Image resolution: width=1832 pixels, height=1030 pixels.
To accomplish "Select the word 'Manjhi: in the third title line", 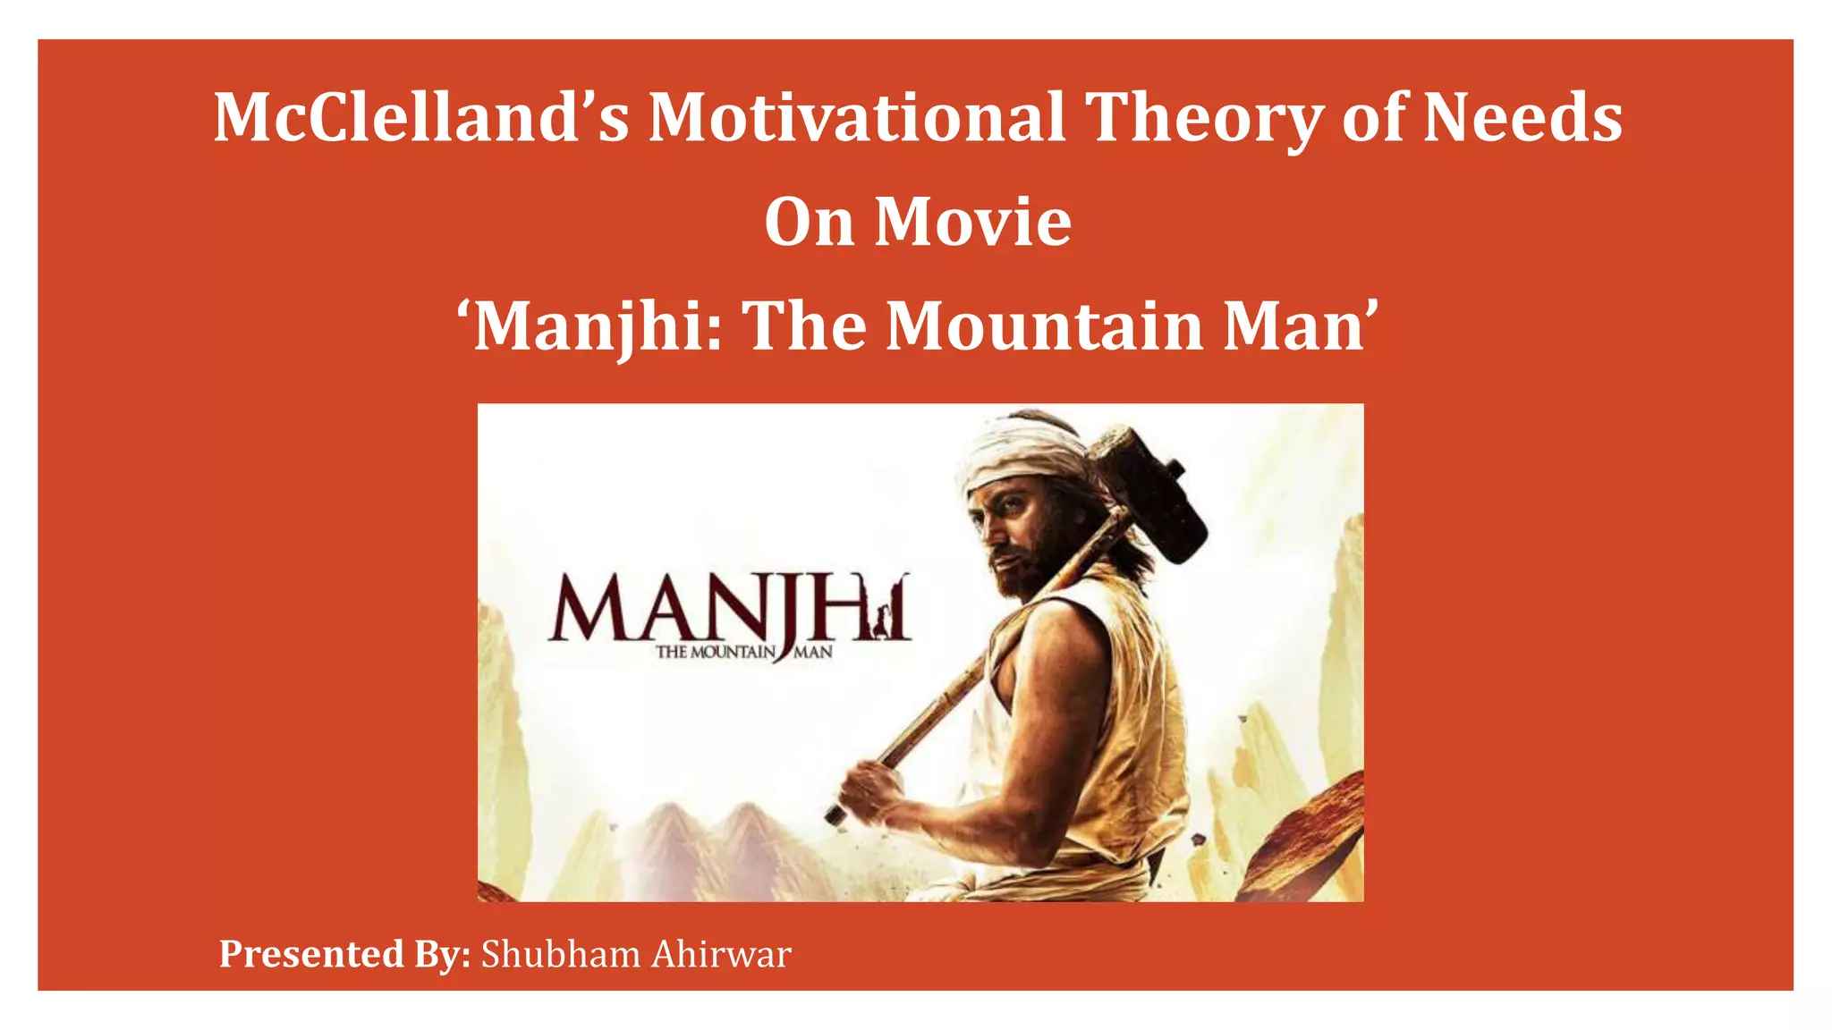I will (590, 326).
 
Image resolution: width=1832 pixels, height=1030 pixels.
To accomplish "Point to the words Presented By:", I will (345, 955).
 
